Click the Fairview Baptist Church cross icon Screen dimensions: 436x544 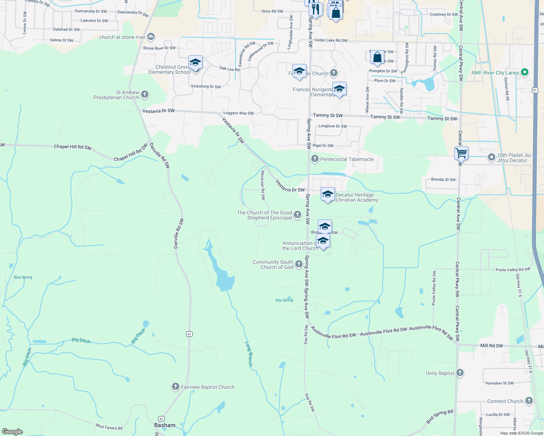coord(175,387)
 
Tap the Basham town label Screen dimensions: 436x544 coord(165,425)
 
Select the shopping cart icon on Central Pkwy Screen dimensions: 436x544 coord(461,153)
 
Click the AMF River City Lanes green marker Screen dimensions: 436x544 coord(524,72)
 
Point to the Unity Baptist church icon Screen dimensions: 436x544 coord(460,373)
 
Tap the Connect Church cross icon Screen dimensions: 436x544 coord(529,401)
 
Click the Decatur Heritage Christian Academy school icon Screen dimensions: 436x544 coord(328,194)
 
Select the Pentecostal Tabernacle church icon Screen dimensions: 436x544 coord(315,159)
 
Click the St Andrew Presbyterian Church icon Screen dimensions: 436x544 coord(145,94)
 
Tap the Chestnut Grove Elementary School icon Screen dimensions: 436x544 coord(195,62)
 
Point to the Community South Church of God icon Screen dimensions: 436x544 coord(299,264)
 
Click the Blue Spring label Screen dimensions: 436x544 coord(23,277)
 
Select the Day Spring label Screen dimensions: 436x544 coord(284,300)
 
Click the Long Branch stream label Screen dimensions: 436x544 coord(249,354)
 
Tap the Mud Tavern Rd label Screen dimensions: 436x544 coord(109,427)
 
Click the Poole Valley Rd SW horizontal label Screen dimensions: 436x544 coord(513,270)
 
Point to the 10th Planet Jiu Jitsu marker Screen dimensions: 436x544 coord(491,157)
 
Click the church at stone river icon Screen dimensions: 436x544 coord(151,37)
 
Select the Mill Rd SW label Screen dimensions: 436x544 coord(491,346)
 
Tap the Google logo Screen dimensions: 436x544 coord(12,431)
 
